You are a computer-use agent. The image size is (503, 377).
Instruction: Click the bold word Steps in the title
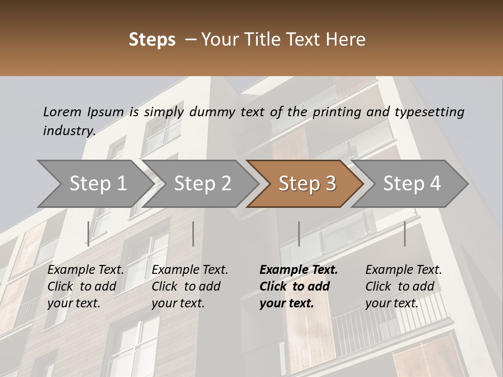tap(152, 40)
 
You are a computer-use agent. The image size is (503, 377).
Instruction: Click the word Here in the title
tap(345, 40)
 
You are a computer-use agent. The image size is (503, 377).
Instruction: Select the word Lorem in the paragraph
tap(62, 112)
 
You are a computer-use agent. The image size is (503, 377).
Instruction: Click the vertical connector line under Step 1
tap(89, 234)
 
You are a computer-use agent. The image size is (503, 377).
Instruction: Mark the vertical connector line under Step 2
tap(193, 234)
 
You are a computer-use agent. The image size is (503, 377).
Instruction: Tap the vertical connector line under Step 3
tap(299, 234)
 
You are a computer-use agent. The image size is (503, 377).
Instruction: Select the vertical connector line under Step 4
tap(404, 234)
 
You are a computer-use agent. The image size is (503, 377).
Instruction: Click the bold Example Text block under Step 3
tap(298, 286)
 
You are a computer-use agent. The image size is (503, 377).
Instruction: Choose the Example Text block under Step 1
tap(85, 286)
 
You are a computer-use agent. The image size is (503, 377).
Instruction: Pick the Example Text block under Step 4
tap(403, 286)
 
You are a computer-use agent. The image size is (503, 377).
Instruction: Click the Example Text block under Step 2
tap(190, 286)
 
